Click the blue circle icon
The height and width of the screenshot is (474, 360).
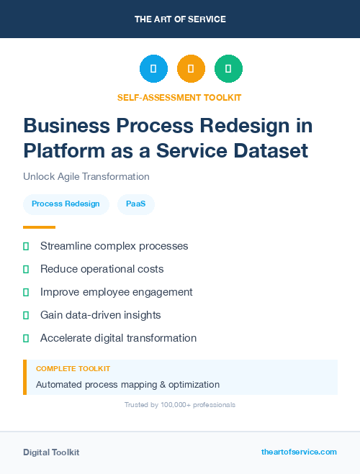click(153, 69)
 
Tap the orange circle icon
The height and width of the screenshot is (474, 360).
click(191, 69)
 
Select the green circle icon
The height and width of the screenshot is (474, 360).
click(228, 69)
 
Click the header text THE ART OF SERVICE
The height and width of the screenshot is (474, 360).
click(180, 19)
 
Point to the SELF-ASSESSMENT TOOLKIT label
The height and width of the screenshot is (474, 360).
click(179, 97)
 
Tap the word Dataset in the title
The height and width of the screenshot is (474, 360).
click(266, 151)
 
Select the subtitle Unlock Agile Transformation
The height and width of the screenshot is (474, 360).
click(86, 176)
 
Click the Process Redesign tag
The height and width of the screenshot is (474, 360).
click(66, 204)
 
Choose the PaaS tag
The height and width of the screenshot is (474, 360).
click(135, 204)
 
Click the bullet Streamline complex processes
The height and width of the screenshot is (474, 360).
click(114, 246)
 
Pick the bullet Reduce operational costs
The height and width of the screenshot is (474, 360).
click(102, 269)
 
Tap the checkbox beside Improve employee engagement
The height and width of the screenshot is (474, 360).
click(26, 292)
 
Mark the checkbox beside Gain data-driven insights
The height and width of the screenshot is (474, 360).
click(26, 315)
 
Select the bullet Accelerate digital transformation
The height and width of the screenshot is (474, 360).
click(118, 338)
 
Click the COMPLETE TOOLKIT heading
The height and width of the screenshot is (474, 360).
click(73, 369)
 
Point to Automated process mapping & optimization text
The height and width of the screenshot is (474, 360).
click(127, 385)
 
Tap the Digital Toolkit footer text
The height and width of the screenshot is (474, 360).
click(51, 452)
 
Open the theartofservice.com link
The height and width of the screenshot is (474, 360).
click(299, 452)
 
